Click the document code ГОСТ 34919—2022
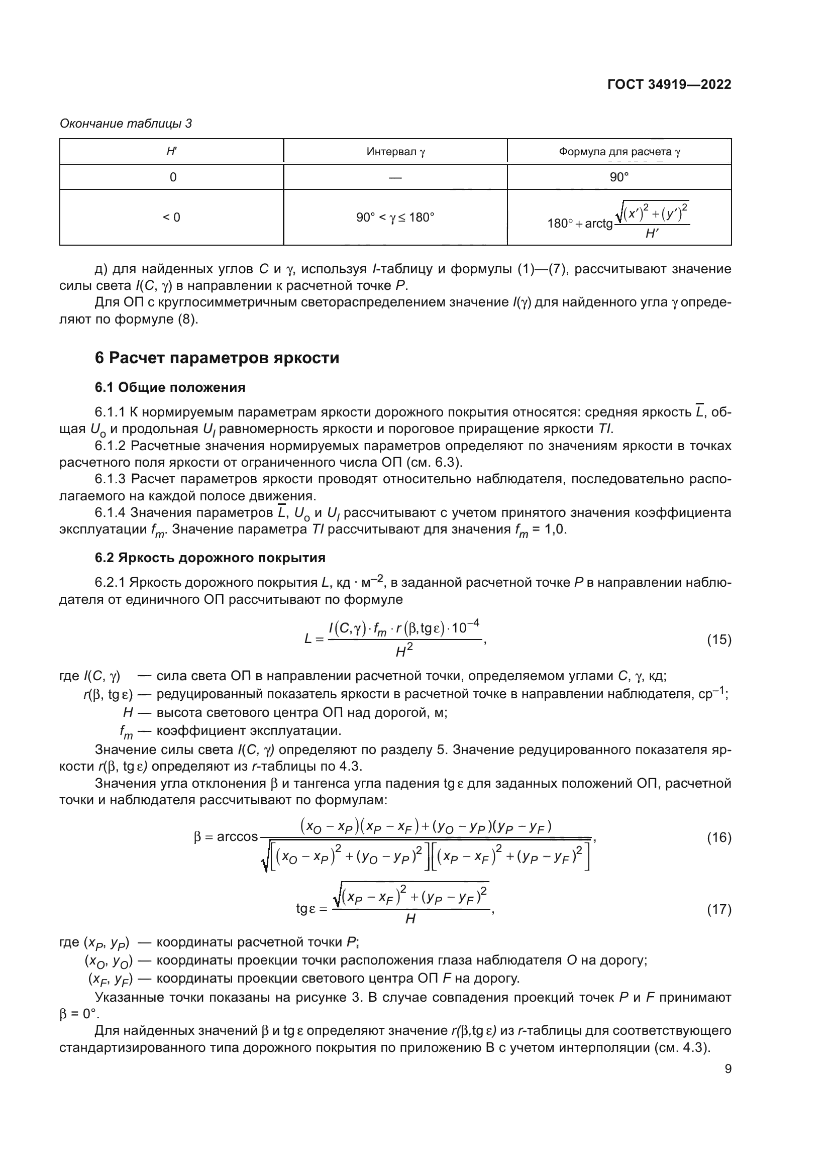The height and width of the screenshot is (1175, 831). coord(669,84)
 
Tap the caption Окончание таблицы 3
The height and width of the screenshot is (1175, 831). coord(126,124)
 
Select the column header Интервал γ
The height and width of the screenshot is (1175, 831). coord(395,152)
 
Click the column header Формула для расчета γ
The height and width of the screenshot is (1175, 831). coord(619,152)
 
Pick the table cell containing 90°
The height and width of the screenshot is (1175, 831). coord(619,177)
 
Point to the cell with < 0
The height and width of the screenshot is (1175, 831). coord(172,218)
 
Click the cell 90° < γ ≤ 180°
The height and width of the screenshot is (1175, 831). coord(395,218)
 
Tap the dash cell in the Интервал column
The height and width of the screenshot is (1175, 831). coord(395,177)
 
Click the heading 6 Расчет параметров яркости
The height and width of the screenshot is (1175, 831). coord(217,358)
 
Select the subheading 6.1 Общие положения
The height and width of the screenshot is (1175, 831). coord(170,387)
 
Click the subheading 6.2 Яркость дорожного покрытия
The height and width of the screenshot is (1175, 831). coord(210,557)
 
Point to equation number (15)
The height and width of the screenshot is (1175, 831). coord(719,639)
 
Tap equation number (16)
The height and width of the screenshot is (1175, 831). coord(719,838)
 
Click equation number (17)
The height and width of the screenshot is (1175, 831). coord(719,909)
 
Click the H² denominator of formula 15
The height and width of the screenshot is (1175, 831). coord(404,652)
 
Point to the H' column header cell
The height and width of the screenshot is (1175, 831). coord(172,152)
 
